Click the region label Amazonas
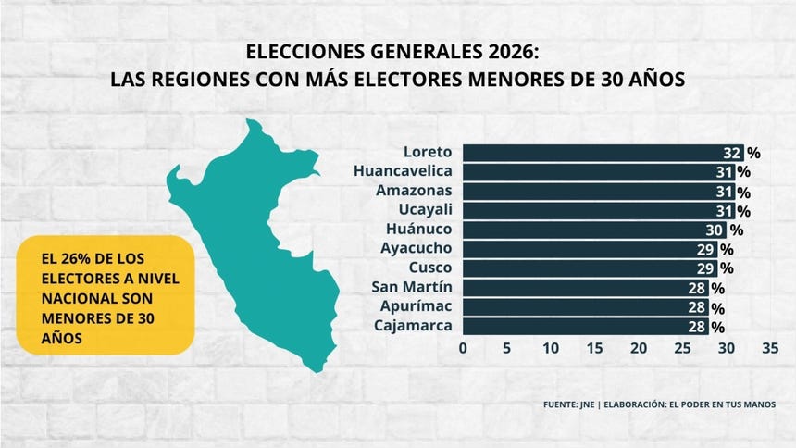tap(414, 191)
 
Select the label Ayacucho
tap(416, 249)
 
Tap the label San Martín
tap(412, 287)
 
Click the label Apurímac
tap(416, 306)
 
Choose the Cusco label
tap(430, 268)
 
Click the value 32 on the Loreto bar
tap(732, 153)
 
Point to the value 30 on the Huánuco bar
tap(715, 230)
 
